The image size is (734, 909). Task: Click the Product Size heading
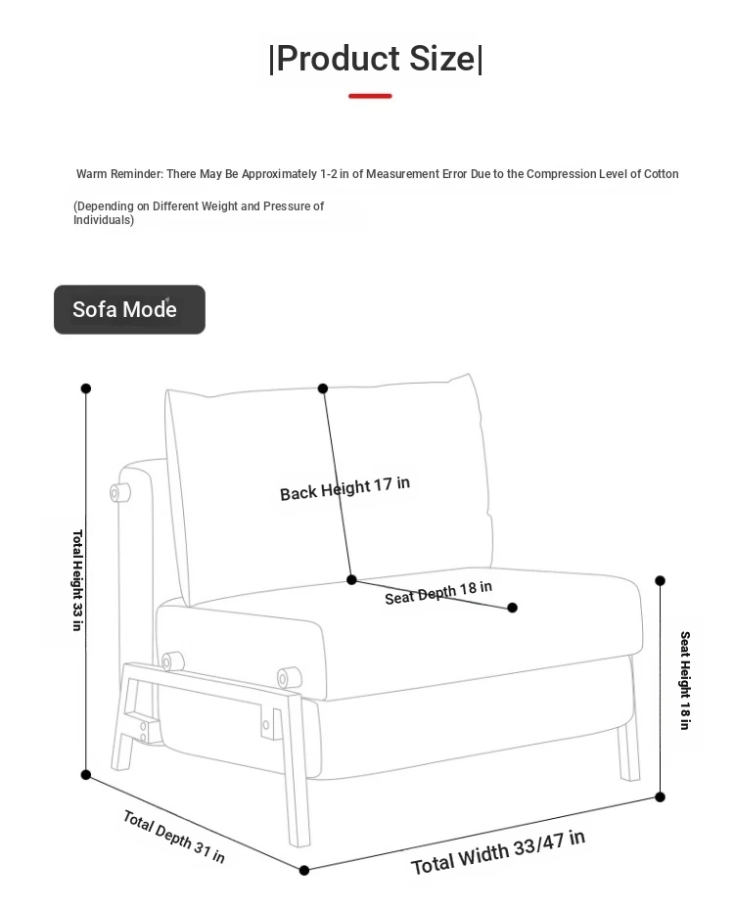tap(375, 59)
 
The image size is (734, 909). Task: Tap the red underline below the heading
tap(370, 96)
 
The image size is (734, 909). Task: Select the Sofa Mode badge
tap(129, 309)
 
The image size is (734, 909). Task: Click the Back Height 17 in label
tap(344, 488)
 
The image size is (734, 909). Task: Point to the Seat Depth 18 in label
tap(438, 593)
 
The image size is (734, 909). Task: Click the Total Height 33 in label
tap(77, 579)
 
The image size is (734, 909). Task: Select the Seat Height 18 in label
tap(685, 680)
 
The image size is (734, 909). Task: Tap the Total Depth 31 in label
tap(174, 837)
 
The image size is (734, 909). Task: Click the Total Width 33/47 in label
tap(498, 852)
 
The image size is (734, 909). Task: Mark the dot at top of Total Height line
tap(86, 388)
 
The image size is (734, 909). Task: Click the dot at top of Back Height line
tap(323, 388)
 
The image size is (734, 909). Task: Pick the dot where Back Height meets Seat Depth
tap(351, 579)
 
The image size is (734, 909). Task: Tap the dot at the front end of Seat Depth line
tap(512, 608)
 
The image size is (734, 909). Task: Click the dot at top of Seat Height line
tap(660, 580)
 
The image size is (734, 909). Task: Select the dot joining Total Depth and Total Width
tap(303, 870)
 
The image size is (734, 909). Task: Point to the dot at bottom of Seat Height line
tap(660, 797)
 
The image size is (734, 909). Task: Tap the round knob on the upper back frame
tap(120, 493)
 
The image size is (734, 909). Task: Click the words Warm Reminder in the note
tap(119, 174)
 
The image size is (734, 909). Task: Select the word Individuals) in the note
tap(104, 220)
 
